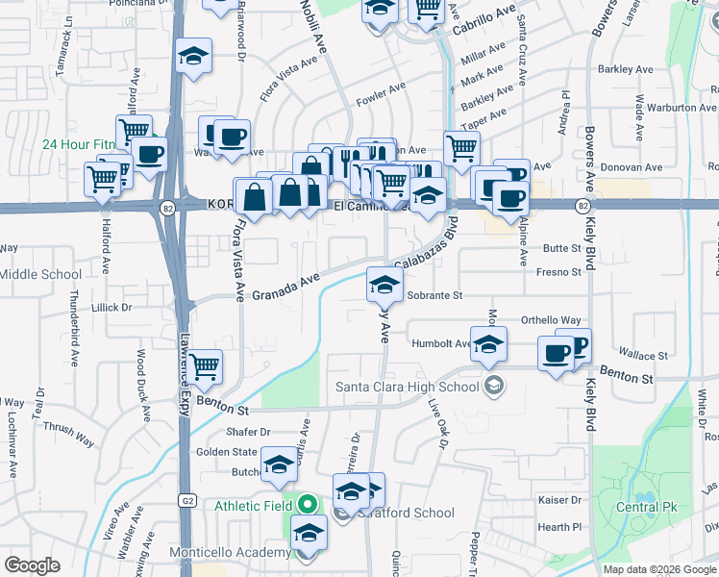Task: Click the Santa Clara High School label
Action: point(407,388)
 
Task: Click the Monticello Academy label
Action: point(230,552)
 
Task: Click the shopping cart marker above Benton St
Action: point(204,365)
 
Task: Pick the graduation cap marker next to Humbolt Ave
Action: point(489,343)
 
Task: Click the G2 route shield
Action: point(186,500)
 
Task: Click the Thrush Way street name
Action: point(68,435)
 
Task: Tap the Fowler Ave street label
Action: point(382,93)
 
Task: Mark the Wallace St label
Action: point(643,356)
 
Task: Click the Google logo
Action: point(33,565)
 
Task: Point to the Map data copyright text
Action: point(659,569)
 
